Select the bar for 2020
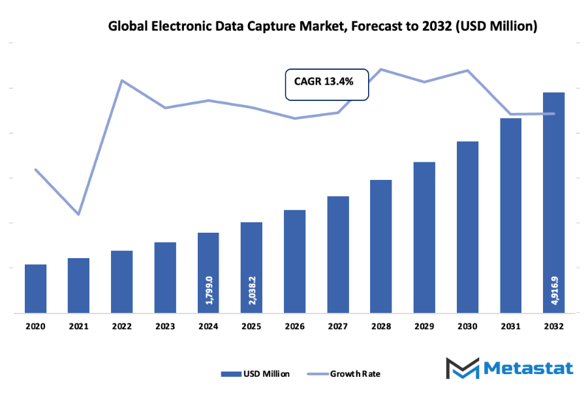[x=35, y=288]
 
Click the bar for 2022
[x=121, y=282]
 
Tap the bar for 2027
[x=337, y=254]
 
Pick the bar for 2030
[x=467, y=227]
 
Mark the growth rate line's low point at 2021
[x=78, y=214]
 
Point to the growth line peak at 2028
[x=381, y=69]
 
